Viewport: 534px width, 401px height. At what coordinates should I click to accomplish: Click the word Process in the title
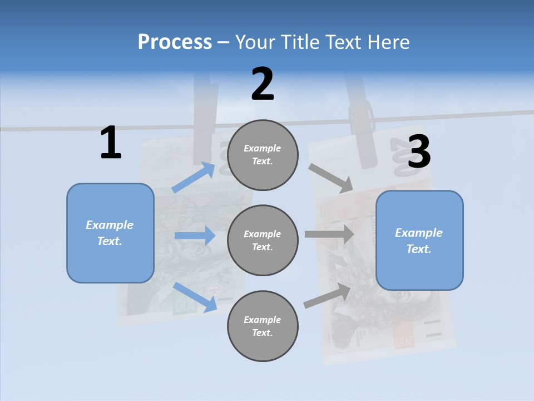[175, 42]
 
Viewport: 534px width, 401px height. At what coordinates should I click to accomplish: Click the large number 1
[111, 143]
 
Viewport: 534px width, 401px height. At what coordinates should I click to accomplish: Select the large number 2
[263, 84]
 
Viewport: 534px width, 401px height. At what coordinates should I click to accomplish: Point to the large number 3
[419, 151]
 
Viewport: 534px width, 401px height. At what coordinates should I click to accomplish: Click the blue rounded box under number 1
[110, 233]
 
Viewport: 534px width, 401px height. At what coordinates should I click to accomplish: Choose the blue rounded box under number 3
[419, 240]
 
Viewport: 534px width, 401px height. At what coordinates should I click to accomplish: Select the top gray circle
[263, 155]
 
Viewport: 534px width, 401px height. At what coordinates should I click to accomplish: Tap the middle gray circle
[263, 240]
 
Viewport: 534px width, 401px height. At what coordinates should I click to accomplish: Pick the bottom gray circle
[263, 326]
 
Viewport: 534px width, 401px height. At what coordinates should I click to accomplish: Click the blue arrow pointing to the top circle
[194, 177]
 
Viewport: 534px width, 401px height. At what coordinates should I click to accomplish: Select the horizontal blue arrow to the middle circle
[195, 236]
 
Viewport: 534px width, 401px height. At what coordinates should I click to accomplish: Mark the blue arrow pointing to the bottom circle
[195, 297]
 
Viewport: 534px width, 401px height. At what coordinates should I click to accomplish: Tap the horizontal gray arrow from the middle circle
[329, 234]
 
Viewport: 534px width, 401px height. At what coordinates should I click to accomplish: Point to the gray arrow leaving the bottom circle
[327, 296]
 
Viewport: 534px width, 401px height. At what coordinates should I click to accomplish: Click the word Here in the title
[388, 42]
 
